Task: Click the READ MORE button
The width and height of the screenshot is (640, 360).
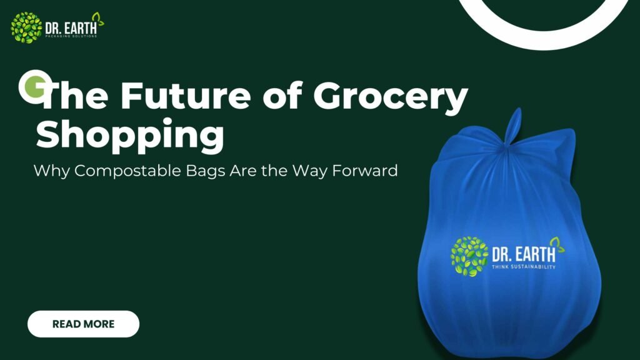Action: pos(83,324)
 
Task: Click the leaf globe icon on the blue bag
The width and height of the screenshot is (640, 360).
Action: pos(469,256)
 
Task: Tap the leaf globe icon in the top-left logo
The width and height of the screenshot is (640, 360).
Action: pos(26,27)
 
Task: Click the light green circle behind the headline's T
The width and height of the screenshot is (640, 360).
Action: pos(31,86)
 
